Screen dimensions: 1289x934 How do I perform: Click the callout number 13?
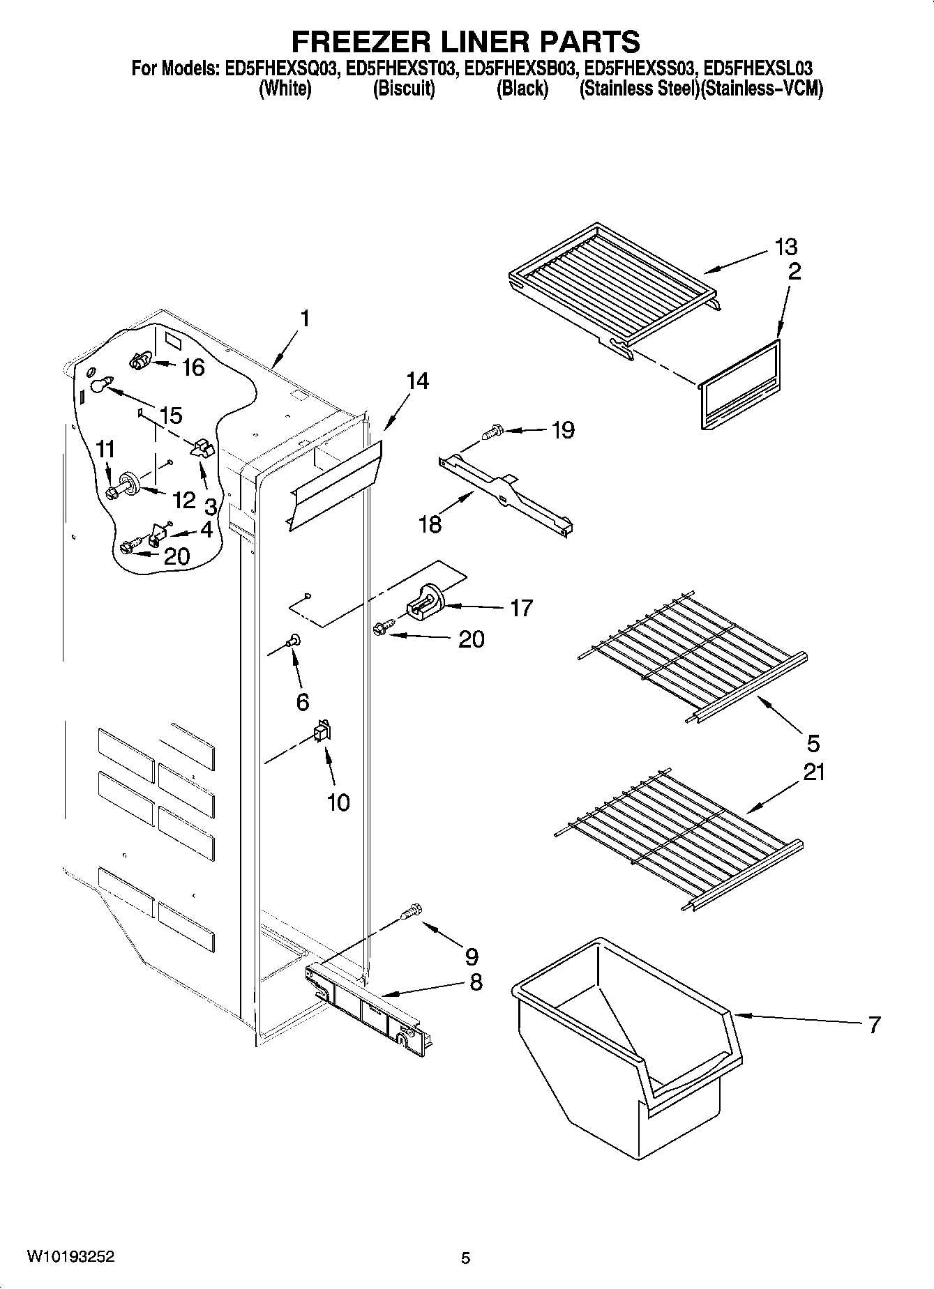point(785,247)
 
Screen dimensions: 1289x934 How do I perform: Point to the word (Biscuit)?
point(404,89)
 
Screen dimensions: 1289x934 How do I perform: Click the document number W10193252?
point(70,1257)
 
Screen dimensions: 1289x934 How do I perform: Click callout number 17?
point(520,608)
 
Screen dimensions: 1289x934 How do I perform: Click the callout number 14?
point(417,381)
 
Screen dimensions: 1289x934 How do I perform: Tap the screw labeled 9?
point(413,910)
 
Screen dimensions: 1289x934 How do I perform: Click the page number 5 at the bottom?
point(466,1258)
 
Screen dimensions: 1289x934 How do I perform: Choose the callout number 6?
point(302,701)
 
